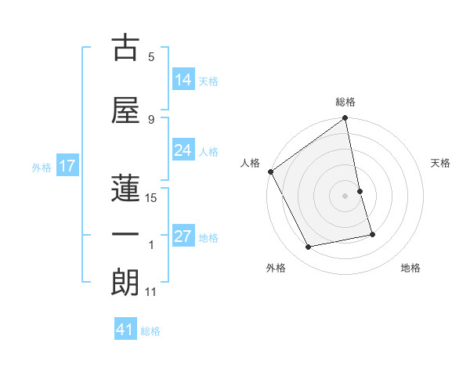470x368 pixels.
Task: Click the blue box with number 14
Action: coord(183,80)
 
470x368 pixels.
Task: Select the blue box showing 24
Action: coord(183,151)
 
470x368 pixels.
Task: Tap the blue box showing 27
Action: coord(183,237)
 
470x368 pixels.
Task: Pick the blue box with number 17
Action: coord(67,166)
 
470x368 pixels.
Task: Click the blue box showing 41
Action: coord(125,330)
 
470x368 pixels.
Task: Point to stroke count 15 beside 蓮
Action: coord(151,198)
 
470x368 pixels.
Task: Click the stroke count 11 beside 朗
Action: coord(151,292)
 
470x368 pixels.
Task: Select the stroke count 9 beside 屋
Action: coord(151,119)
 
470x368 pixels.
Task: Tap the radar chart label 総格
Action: coord(345,102)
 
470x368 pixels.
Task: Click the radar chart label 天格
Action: coord(441,163)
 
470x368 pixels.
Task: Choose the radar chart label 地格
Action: coord(410,268)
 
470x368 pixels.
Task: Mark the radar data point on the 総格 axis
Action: coord(345,119)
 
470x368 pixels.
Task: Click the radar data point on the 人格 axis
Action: coord(270,171)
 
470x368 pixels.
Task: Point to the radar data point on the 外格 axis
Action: coord(309,247)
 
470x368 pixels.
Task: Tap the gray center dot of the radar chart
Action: coord(345,195)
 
